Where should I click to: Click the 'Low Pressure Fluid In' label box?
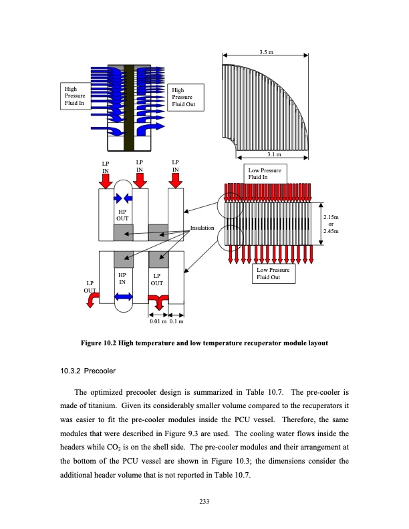tap(266, 174)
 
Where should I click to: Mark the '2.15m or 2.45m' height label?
tap(331, 224)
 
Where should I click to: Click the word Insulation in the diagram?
tap(202, 228)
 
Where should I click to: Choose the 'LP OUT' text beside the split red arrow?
tap(157, 279)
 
